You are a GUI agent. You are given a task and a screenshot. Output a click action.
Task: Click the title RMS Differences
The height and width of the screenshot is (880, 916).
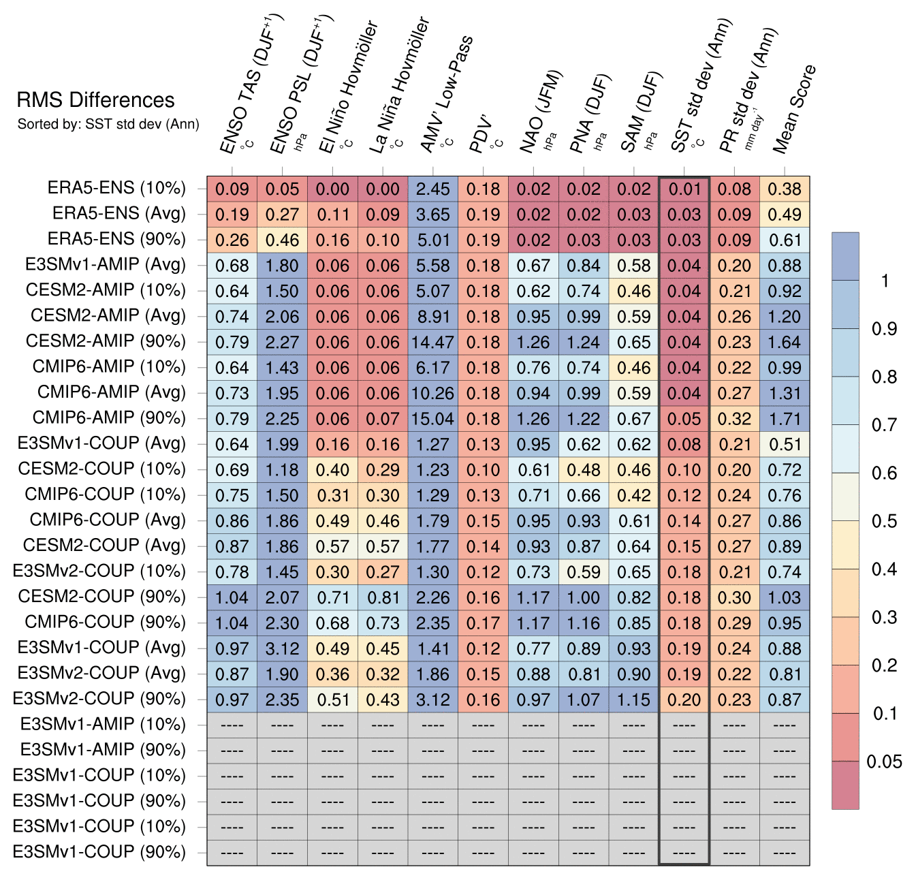point(95,100)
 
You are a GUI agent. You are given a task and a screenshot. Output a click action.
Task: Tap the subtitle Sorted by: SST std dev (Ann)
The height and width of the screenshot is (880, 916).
point(108,124)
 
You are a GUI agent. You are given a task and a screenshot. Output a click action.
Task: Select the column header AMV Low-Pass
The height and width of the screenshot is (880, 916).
point(446,95)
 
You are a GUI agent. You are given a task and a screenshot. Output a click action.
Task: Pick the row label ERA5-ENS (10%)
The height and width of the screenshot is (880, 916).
point(116,189)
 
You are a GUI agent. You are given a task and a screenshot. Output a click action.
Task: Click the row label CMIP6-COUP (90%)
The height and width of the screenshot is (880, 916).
point(105,623)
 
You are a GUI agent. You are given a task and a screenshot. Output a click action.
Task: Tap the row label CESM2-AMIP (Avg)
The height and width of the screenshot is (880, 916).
point(108,316)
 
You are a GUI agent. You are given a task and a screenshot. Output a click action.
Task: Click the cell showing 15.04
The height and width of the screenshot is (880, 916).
point(432,419)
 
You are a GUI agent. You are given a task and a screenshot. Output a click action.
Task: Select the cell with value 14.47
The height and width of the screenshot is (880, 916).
point(432,342)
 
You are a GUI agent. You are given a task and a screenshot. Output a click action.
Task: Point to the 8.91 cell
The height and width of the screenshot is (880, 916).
point(432,317)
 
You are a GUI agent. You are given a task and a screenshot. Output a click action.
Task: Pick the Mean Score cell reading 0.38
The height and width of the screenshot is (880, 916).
point(785,189)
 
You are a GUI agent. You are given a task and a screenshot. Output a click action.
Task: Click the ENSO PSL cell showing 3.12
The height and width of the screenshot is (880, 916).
point(282,648)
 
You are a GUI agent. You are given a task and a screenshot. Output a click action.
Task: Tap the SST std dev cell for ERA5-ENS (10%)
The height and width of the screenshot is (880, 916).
point(684,189)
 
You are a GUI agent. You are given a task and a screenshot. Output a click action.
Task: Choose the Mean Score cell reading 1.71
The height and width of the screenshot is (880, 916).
point(785,419)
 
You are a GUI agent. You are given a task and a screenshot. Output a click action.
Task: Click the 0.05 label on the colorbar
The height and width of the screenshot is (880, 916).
point(884,761)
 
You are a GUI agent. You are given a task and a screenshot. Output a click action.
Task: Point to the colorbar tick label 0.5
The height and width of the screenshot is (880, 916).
point(884,521)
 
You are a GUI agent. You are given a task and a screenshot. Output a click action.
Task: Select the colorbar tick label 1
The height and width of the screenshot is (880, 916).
point(885,281)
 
